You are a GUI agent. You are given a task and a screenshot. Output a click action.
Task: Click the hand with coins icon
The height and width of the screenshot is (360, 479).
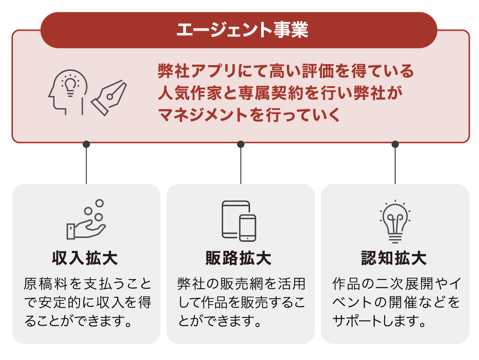[x=86, y=221]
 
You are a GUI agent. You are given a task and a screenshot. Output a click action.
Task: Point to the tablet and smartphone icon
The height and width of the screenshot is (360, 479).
[x=239, y=221]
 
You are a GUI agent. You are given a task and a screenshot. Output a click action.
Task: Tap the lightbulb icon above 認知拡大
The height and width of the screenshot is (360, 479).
[x=395, y=221]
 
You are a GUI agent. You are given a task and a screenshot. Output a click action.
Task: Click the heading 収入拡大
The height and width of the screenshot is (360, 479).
[x=86, y=259]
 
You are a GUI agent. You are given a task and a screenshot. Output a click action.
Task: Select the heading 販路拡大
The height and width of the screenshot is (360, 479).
[x=239, y=259]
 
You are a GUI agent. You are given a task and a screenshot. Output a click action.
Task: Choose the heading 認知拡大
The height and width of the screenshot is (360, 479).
[x=394, y=259]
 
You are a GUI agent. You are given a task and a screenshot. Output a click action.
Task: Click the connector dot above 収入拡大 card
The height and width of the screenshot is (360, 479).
[x=86, y=144]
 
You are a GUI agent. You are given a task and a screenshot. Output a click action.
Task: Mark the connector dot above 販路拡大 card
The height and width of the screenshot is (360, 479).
[x=240, y=144]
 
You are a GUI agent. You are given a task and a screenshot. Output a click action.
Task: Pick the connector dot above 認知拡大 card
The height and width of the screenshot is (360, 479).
[x=395, y=144]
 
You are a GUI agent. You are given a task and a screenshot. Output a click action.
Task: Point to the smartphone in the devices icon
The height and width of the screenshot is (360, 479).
[x=248, y=227]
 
